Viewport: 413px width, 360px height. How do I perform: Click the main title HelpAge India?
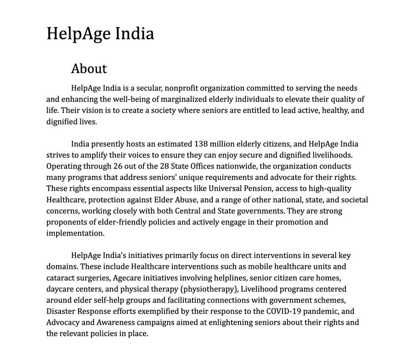(x=100, y=34)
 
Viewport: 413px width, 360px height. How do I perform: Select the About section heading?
(x=89, y=69)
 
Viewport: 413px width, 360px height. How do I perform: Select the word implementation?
(x=75, y=233)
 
